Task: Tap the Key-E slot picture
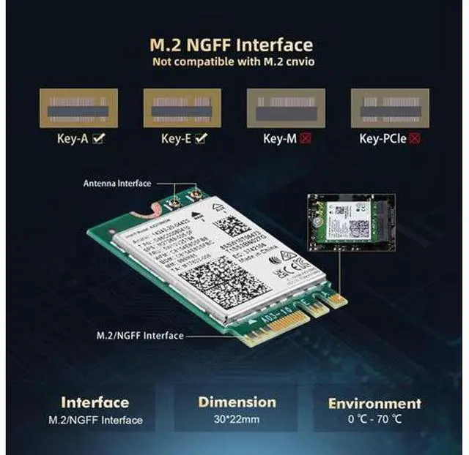182,108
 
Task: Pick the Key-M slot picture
287,108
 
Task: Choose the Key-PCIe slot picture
390,108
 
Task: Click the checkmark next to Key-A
97,137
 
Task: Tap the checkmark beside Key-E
201,137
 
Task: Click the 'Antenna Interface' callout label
117,184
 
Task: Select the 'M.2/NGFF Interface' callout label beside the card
140,336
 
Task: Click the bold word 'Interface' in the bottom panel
95,402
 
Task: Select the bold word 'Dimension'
237,402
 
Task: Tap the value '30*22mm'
237,420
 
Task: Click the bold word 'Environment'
374,403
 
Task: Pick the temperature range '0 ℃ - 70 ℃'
374,421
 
